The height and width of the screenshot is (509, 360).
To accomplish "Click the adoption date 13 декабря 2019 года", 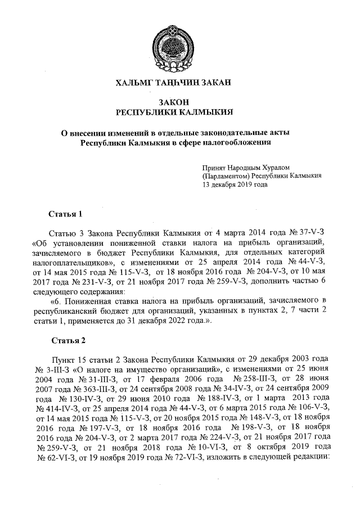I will [x=235, y=184].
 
